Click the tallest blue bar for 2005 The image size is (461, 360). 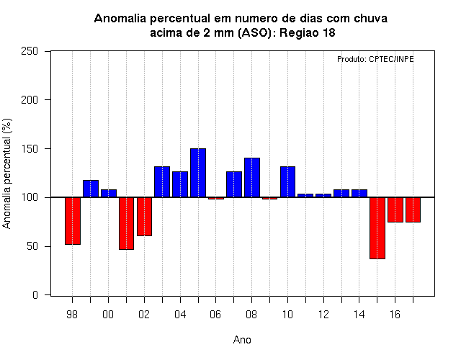pyautogui.click(x=198, y=173)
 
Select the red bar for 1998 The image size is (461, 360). pyautogui.click(x=73, y=221)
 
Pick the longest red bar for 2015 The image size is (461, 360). pyautogui.click(x=377, y=228)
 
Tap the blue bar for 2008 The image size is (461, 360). pyautogui.click(x=252, y=178)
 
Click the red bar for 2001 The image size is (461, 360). pyautogui.click(x=127, y=223)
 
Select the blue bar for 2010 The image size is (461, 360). pyautogui.click(x=287, y=182)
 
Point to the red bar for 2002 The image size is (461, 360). pyautogui.click(x=144, y=217)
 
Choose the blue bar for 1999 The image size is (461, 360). pyautogui.click(x=91, y=189)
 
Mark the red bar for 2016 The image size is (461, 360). pyautogui.click(x=395, y=210)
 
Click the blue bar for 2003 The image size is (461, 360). pyautogui.click(x=162, y=182)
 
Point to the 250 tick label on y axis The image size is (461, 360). pyautogui.click(x=30, y=51)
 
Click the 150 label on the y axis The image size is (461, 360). pyautogui.click(x=30, y=149)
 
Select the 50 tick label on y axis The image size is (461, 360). pyautogui.click(x=32, y=246)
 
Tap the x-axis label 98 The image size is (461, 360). pyautogui.click(x=72, y=315)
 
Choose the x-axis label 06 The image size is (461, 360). pyautogui.click(x=215, y=315)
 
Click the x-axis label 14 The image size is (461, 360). pyautogui.click(x=359, y=315)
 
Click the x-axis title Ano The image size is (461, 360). pyautogui.click(x=242, y=340)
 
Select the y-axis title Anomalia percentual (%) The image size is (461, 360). pyautogui.click(x=6, y=174)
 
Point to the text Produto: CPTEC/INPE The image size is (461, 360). pyautogui.click(x=375, y=59)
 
